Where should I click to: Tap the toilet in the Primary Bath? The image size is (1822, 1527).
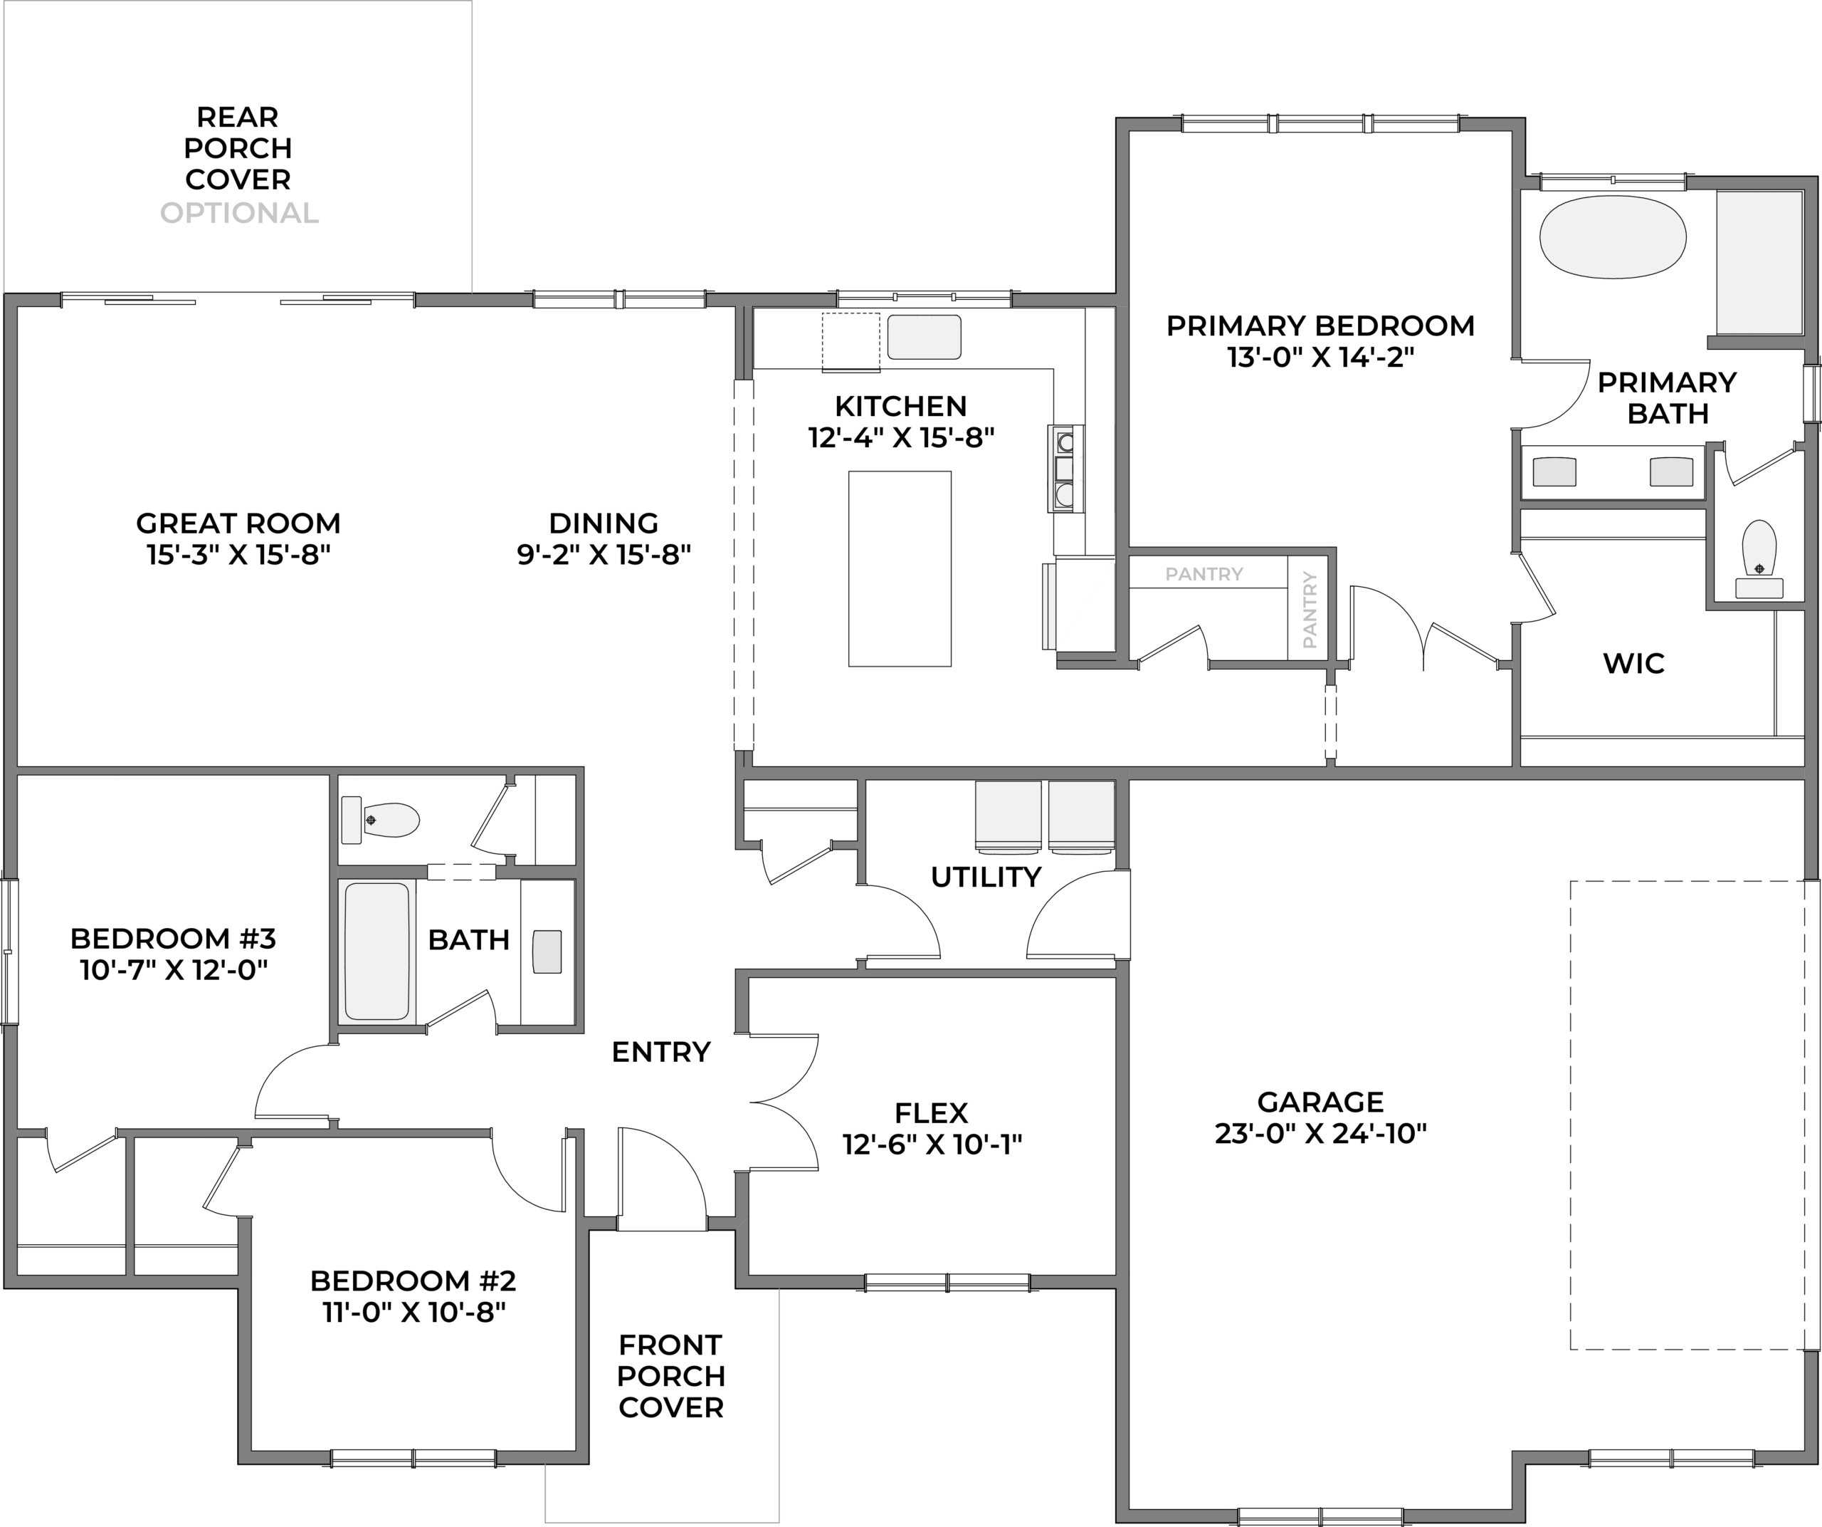[x=1759, y=559]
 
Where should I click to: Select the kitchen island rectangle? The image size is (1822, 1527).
[x=900, y=568]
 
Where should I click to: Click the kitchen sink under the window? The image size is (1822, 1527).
[x=924, y=337]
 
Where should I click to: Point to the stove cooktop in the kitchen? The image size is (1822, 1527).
[x=1065, y=469]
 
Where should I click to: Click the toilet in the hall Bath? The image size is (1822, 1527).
[x=381, y=820]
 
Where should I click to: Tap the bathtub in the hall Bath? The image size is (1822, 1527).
[x=376, y=951]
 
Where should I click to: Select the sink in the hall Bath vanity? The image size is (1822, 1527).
[x=547, y=952]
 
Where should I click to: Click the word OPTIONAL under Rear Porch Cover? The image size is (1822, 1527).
[x=239, y=213]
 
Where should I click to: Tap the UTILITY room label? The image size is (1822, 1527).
[x=986, y=877]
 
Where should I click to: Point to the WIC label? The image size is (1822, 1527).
[x=1633, y=663]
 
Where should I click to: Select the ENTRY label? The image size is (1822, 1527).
[x=661, y=1052]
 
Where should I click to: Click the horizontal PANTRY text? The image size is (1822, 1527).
[x=1204, y=574]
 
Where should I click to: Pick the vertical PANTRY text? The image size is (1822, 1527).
[x=1310, y=610]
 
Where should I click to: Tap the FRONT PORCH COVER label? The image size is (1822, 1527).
[x=670, y=1376]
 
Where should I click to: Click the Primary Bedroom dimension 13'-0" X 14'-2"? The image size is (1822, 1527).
[x=1320, y=358]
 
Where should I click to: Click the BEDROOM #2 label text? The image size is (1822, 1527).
[x=413, y=1281]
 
